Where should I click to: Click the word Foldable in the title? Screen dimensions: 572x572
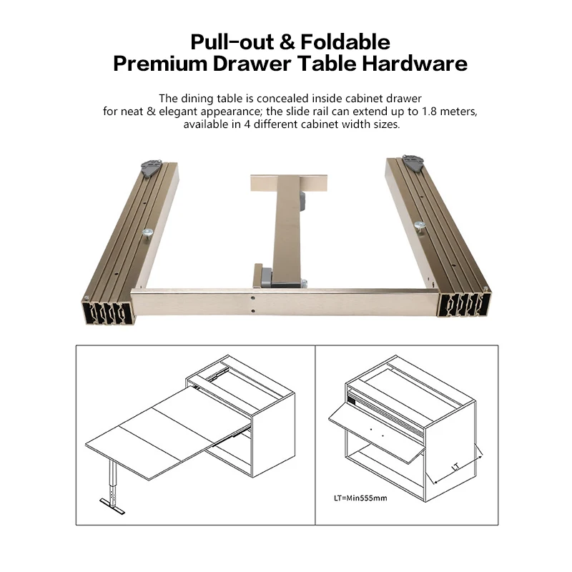[x=345, y=42]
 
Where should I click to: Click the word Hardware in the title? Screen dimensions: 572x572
[x=415, y=64]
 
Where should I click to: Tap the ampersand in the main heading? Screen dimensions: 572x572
[x=287, y=42]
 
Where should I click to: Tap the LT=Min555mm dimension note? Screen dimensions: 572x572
[x=360, y=498]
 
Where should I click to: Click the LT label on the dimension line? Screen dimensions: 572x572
[x=455, y=466]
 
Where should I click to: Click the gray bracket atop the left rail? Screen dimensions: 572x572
[x=151, y=168]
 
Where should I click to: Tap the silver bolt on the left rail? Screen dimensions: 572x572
[x=148, y=234]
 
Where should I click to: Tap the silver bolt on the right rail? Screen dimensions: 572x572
[x=420, y=226]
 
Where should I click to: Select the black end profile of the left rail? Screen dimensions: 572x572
[x=107, y=313]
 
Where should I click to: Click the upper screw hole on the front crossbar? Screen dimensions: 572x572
[x=253, y=298]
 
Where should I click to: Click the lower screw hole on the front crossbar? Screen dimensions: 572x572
[x=253, y=311]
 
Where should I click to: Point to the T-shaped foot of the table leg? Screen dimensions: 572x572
[x=112, y=506]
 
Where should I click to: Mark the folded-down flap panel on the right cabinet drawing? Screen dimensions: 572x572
[x=377, y=432]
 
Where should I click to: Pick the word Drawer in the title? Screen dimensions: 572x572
[x=252, y=64]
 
